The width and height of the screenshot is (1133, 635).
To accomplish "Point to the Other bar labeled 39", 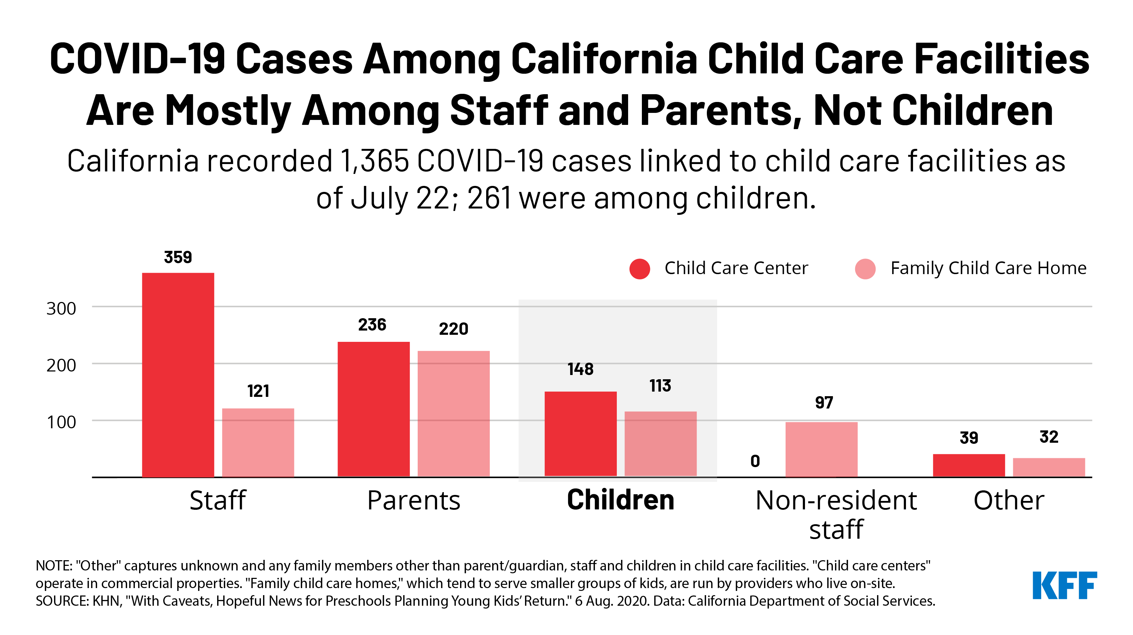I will click(969, 465).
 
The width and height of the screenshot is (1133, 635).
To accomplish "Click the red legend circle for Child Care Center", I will click(639, 269).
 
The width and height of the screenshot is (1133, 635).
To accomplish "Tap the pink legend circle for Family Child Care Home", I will click(865, 269).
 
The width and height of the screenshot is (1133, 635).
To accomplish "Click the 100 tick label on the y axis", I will click(61, 422).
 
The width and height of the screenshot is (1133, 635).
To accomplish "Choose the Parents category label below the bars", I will click(413, 501).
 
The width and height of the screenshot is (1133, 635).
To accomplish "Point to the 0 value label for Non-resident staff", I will click(755, 461).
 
